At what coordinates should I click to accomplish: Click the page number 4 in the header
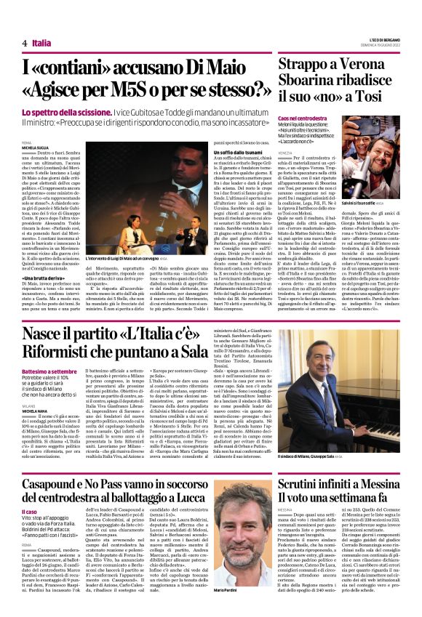click(25, 43)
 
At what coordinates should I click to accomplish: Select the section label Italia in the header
click(41, 43)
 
